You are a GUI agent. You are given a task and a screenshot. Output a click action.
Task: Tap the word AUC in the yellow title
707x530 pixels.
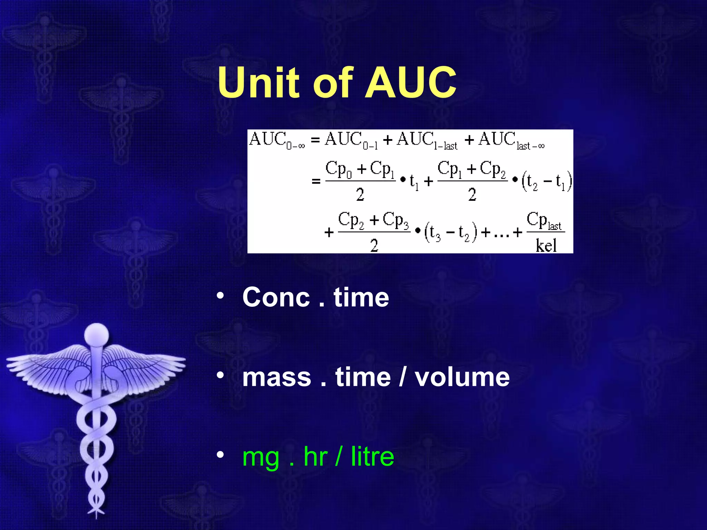(411, 83)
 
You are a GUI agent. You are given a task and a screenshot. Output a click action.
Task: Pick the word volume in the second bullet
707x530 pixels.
(462, 377)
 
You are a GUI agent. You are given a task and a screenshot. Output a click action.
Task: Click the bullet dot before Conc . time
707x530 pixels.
(220, 295)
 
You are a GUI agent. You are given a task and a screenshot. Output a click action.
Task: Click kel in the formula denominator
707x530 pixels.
(546, 246)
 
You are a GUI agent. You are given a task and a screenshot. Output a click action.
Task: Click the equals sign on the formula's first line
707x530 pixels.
(315, 140)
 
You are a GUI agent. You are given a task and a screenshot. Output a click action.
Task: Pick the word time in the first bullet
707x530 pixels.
(361, 297)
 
